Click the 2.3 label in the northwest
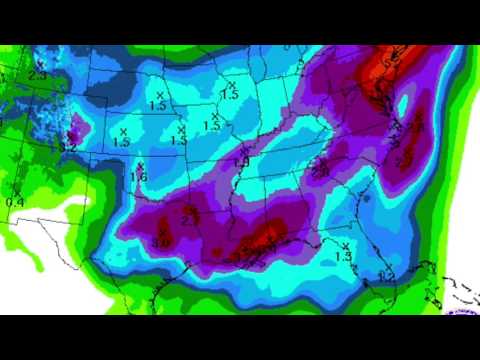point(39,74)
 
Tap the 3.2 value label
point(68,148)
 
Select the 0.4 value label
point(15,202)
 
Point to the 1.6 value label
point(139,177)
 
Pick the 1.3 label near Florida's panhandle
point(343,257)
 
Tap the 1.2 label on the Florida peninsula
point(388,275)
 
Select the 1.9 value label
point(241,162)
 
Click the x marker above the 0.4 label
point(17,190)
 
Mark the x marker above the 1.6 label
point(141,165)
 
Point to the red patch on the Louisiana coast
point(263,240)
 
